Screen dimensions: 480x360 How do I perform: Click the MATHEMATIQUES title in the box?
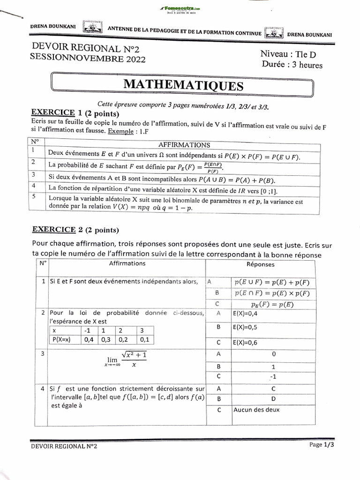tap(183, 85)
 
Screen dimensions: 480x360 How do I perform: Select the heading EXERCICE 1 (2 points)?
tap(75, 113)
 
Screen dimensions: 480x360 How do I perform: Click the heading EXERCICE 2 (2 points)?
tap(75, 230)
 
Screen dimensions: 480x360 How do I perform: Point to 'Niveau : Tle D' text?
tap(288, 54)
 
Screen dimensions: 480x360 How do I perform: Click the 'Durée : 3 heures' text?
tap(292, 65)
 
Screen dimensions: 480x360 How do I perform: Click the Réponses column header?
tap(260, 264)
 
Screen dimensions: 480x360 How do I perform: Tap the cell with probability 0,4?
tap(89, 340)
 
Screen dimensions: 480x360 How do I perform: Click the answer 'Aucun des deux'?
tap(256, 410)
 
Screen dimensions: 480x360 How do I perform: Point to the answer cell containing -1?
tap(273, 377)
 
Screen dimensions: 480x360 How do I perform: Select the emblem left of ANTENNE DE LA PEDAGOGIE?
tap(93, 28)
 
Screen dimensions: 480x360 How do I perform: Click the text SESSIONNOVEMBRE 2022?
tap(88, 58)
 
